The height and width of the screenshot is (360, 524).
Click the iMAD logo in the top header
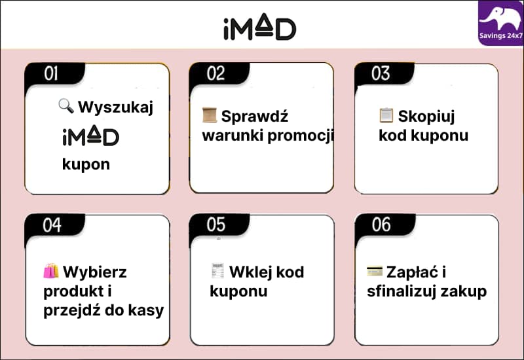pyautogui.click(x=259, y=27)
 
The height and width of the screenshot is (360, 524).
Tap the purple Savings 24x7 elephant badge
pyautogui.click(x=500, y=23)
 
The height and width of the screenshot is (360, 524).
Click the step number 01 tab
pyautogui.click(x=54, y=73)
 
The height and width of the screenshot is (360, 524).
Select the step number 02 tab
pyautogui.click(x=219, y=73)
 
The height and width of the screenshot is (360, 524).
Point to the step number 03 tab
pyautogui.click(x=384, y=73)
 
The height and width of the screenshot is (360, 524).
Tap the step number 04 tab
pyautogui.click(x=54, y=225)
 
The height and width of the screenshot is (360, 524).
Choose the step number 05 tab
pyautogui.click(x=219, y=225)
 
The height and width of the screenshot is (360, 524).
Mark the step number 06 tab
pyautogui.click(x=384, y=225)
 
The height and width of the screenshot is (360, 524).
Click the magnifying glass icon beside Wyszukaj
pyautogui.click(x=66, y=106)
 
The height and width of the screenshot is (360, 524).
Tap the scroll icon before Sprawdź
pyautogui.click(x=210, y=115)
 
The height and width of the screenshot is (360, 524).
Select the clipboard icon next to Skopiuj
pyautogui.click(x=386, y=115)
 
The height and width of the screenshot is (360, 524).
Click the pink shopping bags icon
pyautogui.click(x=51, y=271)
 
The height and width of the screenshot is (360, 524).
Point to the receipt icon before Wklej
pyautogui.click(x=218, y=271)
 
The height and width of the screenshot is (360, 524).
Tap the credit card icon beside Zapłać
pyautogui.click(x=375, y=271)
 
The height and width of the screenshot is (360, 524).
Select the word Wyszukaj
pyautogui.click(x=116, y=107)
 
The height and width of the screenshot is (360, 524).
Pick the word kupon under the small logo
pyautogui.click(x=86, y=164)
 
